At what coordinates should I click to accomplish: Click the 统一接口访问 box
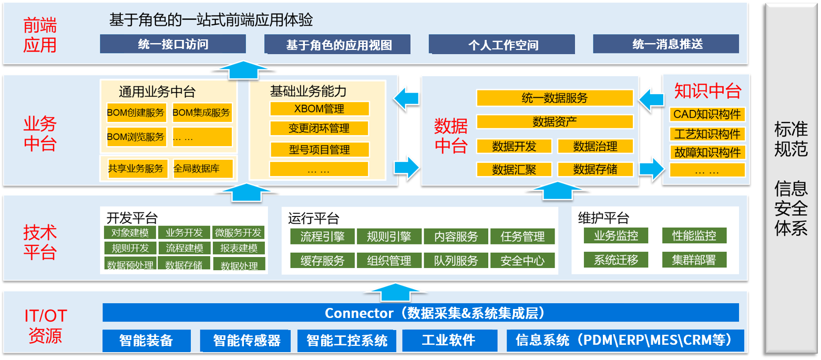click(x=172, y=44)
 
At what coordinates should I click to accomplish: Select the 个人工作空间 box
click(x=502, y=44)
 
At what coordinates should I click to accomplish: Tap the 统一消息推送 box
click(x=666, y=44)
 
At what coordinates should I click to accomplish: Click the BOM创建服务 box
click(x=136, y=112)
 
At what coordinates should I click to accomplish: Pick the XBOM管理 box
click(x=319, y=109)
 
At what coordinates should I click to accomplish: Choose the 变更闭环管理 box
click(x=319, y=128)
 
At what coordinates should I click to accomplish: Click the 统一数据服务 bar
click(x=555, y=98)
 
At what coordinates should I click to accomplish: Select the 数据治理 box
click(x=595, y=146)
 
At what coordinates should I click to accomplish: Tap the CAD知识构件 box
click(x=707, y=115)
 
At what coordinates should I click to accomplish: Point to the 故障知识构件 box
click(x=707, y=152)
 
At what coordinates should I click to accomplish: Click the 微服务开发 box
click(x=238, y=232)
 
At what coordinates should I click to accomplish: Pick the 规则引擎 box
click(x=389, y=236)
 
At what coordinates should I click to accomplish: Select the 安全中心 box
click(x=522, y=260)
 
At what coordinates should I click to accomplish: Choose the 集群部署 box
click(x=694, y=260)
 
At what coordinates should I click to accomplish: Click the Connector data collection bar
click(x=420, y=313)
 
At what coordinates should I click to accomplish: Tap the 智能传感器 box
click(x=245, y=341)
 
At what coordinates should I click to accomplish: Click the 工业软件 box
click(x=450, y=340)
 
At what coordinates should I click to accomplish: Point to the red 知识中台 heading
click(x=708, y=91)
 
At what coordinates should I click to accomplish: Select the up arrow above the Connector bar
click(x=395, y=292)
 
